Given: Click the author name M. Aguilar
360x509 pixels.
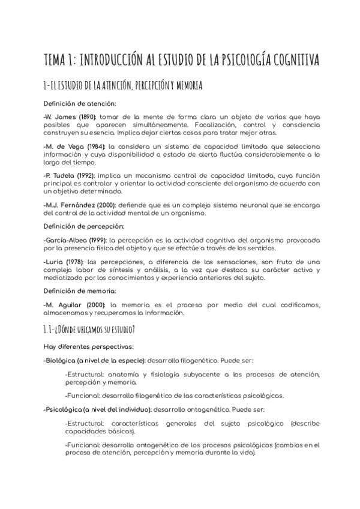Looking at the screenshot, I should coord(63,304).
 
